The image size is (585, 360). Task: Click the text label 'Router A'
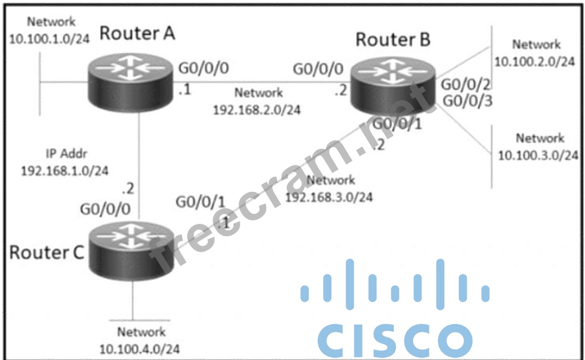pyautogui.click(x=137, y=33)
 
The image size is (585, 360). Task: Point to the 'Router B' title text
pyautogui.click(x=393, y=40)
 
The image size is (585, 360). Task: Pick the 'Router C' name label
pyautogui.click(x=46, y=252)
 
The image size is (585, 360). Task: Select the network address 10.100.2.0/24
pyautogui.click(x=534, y=61)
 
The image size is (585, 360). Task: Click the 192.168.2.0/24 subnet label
pyautogui.click(x=257, y=109)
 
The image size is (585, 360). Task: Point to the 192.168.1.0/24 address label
pyautogui.click(x=64, y=170)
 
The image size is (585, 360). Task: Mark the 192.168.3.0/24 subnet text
pyautogui.click(x=329, y=197)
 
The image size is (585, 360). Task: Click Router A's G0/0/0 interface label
pyautogui.click(x=203, y=69)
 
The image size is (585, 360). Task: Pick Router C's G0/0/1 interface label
pyautogui.click(x=200, y=203)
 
